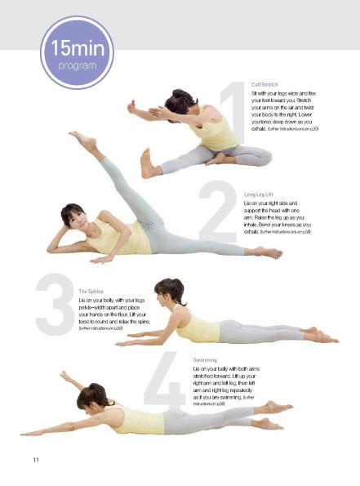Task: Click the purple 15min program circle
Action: (75, 52)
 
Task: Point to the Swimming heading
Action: (205, 359)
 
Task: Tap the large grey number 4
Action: (168, 381)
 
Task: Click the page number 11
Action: (36, 461)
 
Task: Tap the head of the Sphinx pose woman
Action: (169, 292)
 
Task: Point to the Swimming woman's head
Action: (92, 399)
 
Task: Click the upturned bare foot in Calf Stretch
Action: (147, 163)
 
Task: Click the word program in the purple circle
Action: (75, 65)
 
